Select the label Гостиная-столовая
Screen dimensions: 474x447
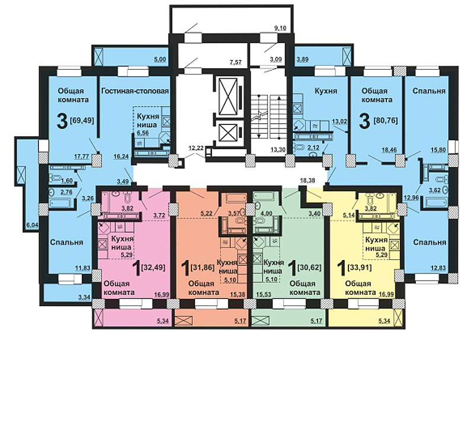[x=135, y=91]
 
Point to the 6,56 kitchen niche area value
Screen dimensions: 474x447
[x=143, y=133]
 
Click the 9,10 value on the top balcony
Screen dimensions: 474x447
[x=280, y=28]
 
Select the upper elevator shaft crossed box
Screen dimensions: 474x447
[x=228, y=97]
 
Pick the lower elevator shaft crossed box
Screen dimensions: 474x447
[x=228, y=133]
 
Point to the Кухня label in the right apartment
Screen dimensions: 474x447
[x=326, y=91]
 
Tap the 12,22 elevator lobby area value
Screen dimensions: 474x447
[x=196, y=148]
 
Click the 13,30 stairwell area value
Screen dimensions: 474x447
[x=278, y=149]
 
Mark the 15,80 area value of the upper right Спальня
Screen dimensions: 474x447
[x=438, y=149]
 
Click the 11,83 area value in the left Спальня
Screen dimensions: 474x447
[x=83, y=267]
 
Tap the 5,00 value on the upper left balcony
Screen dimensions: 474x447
[x=160, y=59]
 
